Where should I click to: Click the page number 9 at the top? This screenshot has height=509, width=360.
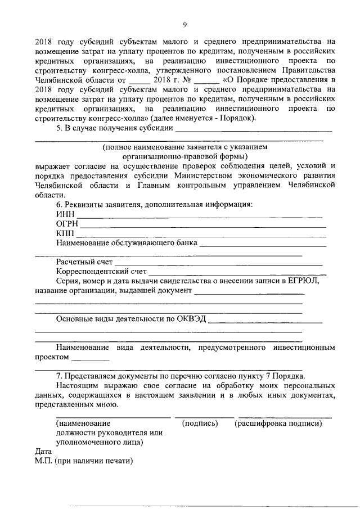184,24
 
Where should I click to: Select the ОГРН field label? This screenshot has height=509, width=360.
67,224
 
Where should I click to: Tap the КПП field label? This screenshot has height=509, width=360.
65,234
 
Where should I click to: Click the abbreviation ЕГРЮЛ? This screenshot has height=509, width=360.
304,281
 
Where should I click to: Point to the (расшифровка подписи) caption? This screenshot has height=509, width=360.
278,423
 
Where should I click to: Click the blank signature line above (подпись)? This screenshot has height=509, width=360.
204,417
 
